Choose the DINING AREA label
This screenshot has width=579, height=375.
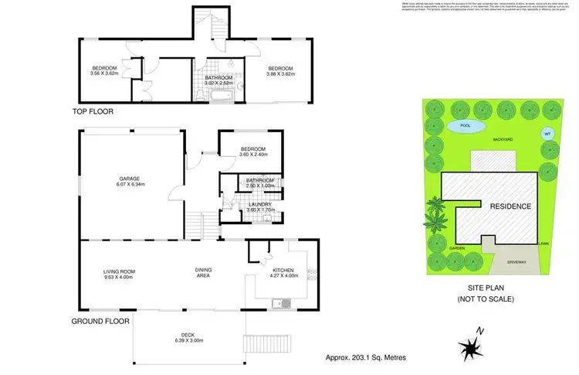pyautogui.click(x=203, y=273)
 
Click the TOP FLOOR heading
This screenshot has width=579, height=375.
pyautogui.click(x=93, y=111)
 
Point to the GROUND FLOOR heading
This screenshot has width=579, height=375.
pyautogui.click(x=100, y=320)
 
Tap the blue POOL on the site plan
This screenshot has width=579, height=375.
pyautogui.click(x=465, y=125)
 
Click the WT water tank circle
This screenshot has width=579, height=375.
pyautogui.click(x=547, y=133)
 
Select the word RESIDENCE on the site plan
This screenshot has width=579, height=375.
pyautogui.click(x=510, y=206)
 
